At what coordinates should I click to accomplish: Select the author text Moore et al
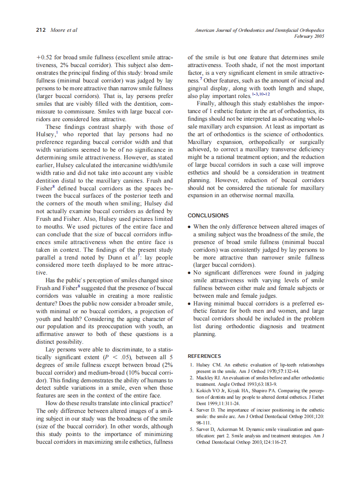[64, 31]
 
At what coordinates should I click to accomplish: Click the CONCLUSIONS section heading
[208, 216]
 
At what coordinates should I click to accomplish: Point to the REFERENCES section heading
[204, 356]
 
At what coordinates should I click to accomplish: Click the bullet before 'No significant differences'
[189, 273]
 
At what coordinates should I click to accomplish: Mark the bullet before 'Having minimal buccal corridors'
[189, 304]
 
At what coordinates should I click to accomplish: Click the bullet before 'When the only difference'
[189, 226]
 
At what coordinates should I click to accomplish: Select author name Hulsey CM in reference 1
[209, 365]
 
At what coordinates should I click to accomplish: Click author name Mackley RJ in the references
[210, 378]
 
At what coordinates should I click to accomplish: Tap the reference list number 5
[191, 429]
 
